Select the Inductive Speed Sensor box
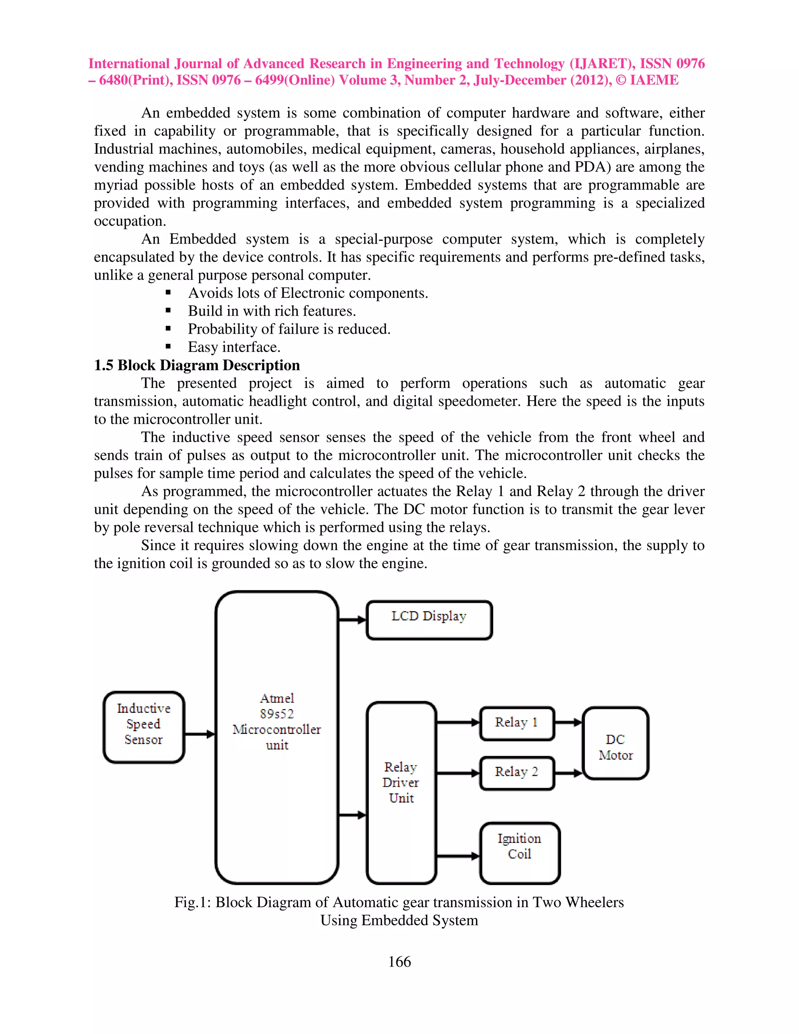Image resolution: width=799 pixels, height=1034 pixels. [144, 727]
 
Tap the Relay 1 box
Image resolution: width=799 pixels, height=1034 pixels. [517, 723]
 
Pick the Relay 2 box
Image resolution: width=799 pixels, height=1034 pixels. [517, 773]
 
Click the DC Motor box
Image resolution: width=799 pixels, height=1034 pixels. [615, 743]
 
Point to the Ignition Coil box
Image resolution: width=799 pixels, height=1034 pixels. [519, 853]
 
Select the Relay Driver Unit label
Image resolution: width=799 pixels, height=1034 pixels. [401, 782]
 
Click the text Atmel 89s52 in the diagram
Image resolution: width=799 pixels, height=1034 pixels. [277, 706]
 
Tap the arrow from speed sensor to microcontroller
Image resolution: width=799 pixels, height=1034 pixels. [199, 734]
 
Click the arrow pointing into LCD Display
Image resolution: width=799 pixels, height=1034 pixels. [353, 620]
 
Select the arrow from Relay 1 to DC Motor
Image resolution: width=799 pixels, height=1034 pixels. [568, 723]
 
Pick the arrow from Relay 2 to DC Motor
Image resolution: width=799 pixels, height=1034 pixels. [568, 773]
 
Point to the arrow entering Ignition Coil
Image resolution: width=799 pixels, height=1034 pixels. [458, 856]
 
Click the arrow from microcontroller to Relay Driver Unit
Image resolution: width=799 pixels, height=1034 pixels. [353, 815]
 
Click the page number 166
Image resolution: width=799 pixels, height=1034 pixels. [399, 961]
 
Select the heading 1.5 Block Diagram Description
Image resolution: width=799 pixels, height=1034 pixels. [197, 365]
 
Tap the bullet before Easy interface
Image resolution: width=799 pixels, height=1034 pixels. [168, 347]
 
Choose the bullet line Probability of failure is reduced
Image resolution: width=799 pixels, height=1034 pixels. [289, 329]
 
